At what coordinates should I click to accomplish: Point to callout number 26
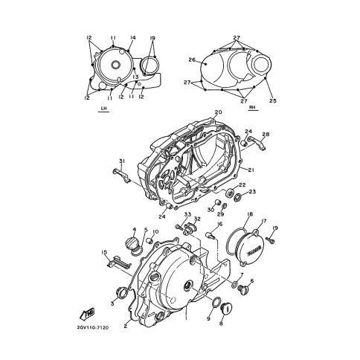click(192, 60)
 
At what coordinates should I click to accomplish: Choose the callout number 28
click(266, 134)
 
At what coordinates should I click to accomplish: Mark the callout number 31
click(120, 161)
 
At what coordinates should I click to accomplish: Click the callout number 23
click(252, 192)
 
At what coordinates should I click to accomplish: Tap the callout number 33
click(187, 214)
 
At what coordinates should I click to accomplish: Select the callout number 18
click(249, 214)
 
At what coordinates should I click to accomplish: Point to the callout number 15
click(103, 252)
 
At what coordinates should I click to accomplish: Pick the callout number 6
click(252, 280)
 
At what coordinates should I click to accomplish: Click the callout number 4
click(134, 229)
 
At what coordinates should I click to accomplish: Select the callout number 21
click(251, 170)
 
